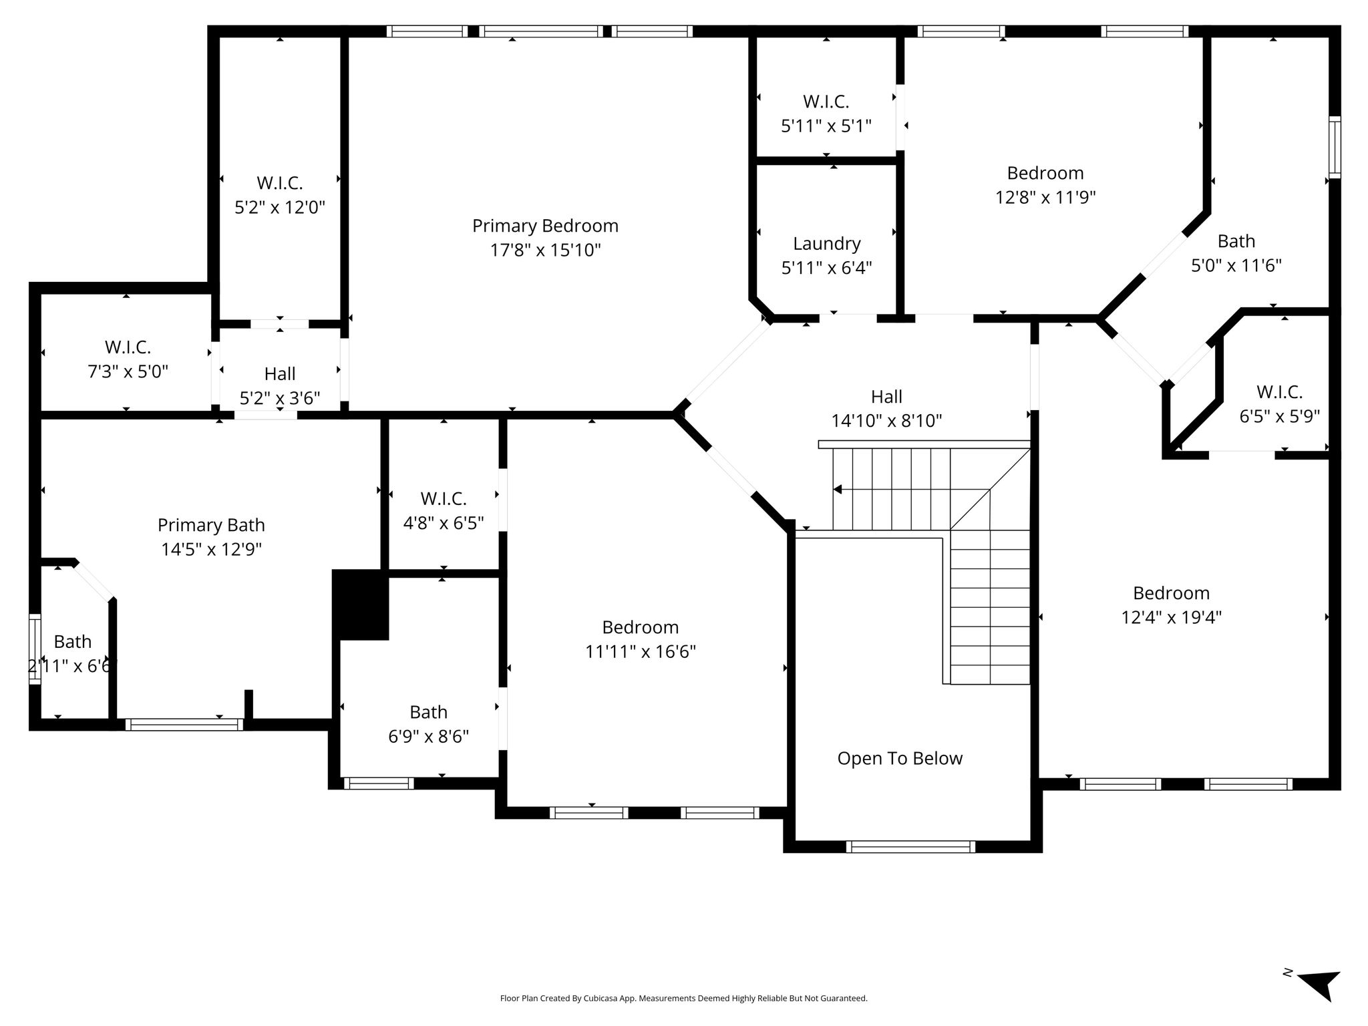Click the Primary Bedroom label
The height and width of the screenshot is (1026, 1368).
tap(545, 226)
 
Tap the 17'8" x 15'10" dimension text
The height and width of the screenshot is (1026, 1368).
tap(545, 250)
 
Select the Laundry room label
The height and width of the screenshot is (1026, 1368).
tap(827, 244)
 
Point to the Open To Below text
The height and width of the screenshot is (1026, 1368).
tap(900, 758)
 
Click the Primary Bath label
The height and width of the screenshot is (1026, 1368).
tap(211, 525)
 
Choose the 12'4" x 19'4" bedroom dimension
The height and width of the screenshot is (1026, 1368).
tap(1172, 617)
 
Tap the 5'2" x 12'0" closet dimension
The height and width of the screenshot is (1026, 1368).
tap(280, 207)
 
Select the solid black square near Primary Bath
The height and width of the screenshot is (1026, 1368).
tap(361, 605)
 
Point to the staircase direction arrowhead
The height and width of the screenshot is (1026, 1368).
tap(838, 490)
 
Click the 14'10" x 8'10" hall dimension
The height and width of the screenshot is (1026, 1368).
tap(886, 421)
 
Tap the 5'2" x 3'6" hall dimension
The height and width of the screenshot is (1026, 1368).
tap(280, 398)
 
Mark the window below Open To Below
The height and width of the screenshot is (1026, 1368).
tap(910, 846)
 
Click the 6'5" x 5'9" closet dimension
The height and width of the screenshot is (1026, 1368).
tap(1280, 417)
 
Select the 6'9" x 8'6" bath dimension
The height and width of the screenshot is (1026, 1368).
tap(429, 737)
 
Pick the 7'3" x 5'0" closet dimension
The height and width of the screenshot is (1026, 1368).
tap(128, 371)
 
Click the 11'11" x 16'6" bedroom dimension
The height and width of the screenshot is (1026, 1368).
tap(641, 651)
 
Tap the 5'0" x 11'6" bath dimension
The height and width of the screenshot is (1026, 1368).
tap(1236, 266)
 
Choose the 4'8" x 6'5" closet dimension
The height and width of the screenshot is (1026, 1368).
tap(444, 523)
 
